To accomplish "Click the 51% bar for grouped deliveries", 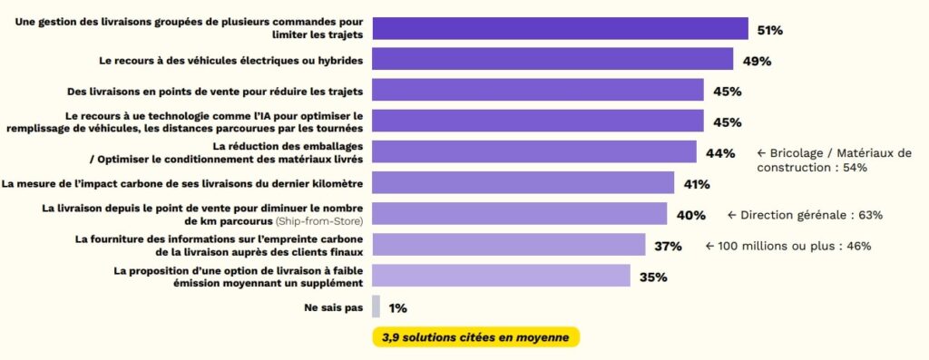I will [x=560, y=29].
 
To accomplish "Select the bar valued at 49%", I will [x=553, y=60].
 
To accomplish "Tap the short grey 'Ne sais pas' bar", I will [x=376, y=306].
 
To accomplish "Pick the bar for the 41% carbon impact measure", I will [x=523, y=183].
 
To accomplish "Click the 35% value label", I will [x=653, y=277].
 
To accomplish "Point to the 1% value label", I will [x=397, y=307].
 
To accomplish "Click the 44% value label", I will [x=720, y=153].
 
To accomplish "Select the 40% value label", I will [x=691, y=215].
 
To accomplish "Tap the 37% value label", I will [x=669, y=246].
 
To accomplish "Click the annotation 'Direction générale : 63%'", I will [x=805, y=215].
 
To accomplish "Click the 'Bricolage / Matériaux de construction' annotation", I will [x=833, y=160].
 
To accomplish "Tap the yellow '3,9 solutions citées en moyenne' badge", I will [x=475, y=337].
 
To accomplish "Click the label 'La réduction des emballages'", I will [x=288, y=146].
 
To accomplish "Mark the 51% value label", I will [x=770, y=30].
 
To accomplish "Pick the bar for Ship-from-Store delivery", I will [x=520, y=214].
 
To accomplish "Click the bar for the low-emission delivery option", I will [x=501, y=276].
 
